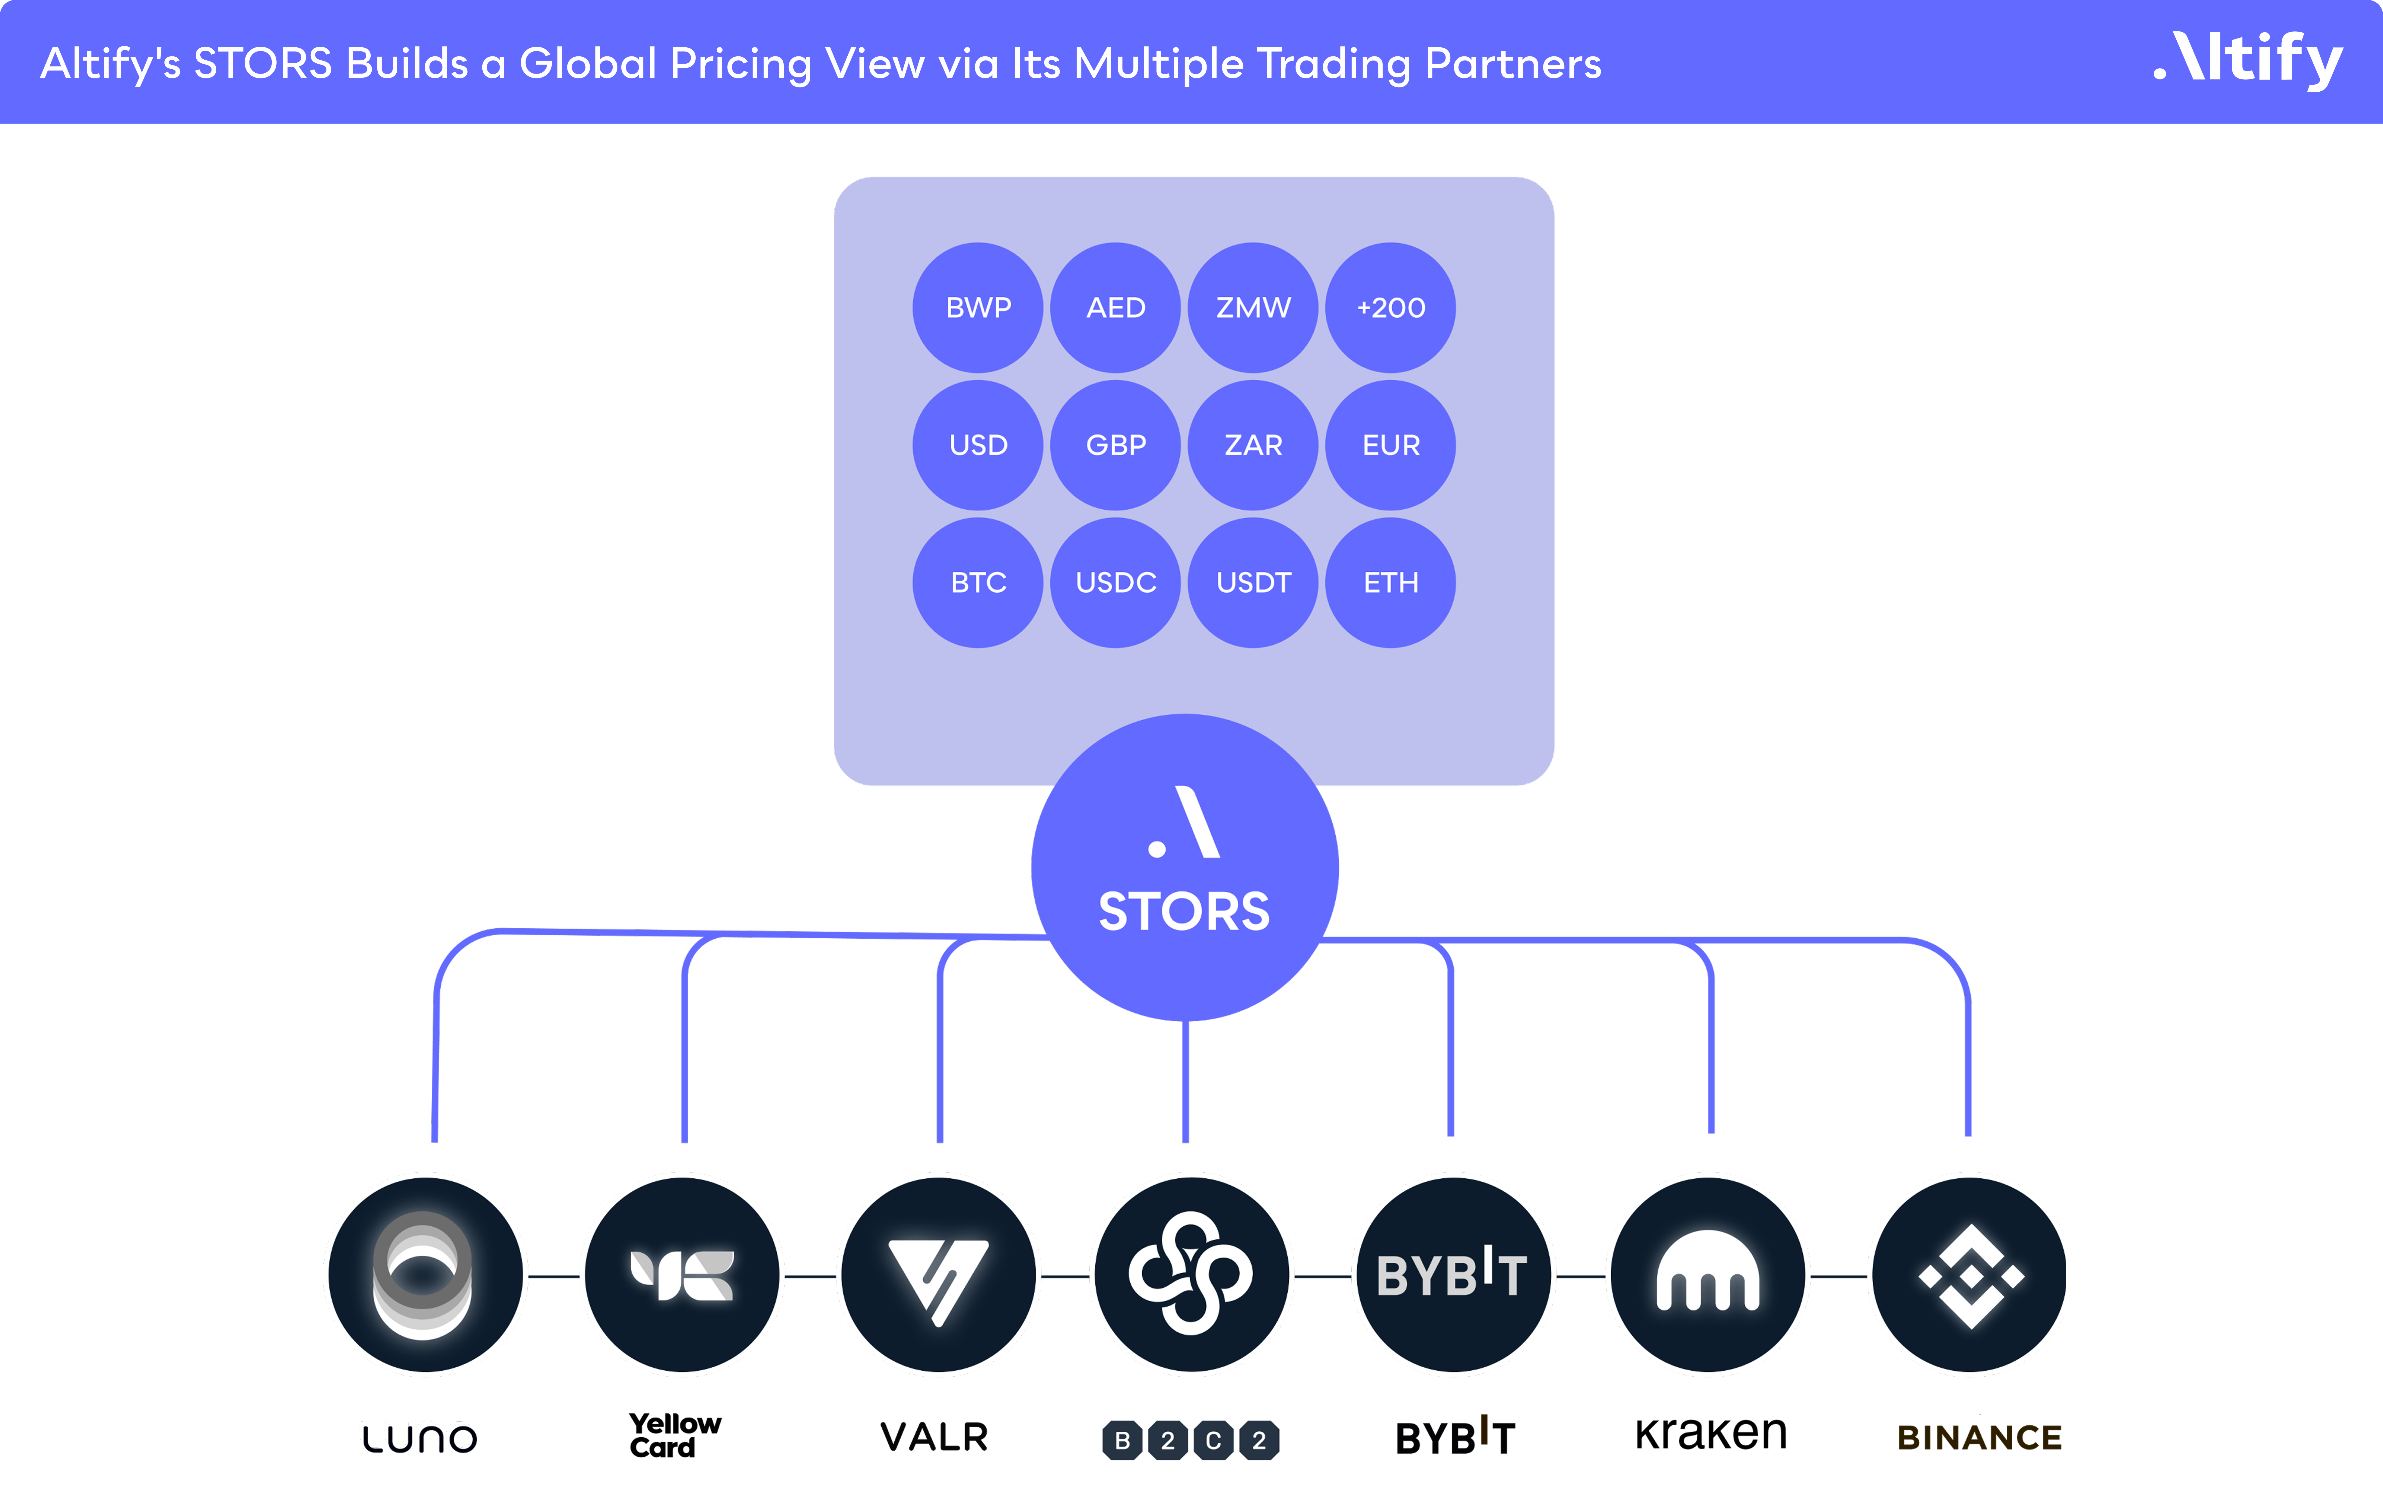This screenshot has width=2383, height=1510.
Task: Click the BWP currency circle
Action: [x=978, y=308]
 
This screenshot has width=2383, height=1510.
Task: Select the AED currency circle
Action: [x=1115, y=308]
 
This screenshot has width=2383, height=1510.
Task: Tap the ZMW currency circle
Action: [x=1253, y=308]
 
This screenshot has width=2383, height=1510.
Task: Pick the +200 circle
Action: [x=1390, y=308]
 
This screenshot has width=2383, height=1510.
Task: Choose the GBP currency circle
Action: [x=1115, y=445]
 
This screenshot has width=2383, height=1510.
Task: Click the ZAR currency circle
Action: [x=1253, y=445]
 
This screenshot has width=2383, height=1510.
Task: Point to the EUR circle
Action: [x=1390, y=445]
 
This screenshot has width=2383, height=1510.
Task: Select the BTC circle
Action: [x=978, y=583]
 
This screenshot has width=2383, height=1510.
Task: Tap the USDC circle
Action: [x=1115, y=583]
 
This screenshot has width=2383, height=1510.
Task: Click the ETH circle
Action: [x=1390, y=583]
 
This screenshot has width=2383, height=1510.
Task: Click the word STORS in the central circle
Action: [x=1185, y=911]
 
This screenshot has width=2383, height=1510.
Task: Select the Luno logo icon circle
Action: [x=426, y=1275]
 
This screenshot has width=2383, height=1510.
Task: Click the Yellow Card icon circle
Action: [x=682, y=1275]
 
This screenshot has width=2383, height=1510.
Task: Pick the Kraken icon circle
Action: [x=1708, y=1275]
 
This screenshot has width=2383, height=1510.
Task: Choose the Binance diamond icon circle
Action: [x=1969, y=1275]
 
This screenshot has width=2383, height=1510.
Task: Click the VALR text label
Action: [x=934, y=1437]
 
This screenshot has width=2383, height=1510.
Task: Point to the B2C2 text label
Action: [x=1191, y=1440]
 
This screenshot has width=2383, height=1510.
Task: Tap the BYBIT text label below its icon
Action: [x=1455, y=1437]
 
